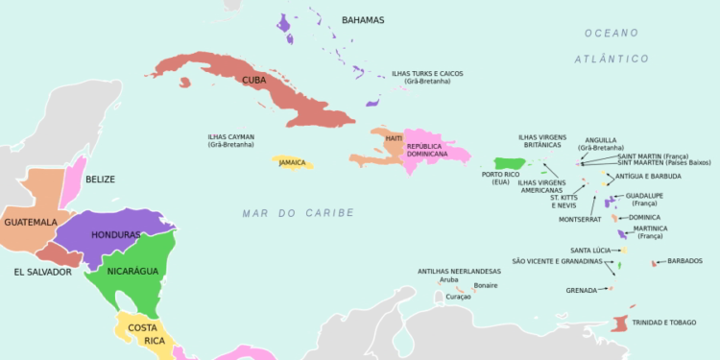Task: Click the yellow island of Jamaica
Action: pyautogui.click(x=292, y=163)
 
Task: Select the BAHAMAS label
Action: pyautogui.click(x=362, y=20)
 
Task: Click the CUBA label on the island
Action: pyautogui.click(x=254, y=80)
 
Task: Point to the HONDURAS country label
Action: pyautogui.click(x=116, y=235)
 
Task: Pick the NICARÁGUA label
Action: pyautogui.click(x=132, y=272)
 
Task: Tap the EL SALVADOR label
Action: pyautogui.click(x=42, y=273)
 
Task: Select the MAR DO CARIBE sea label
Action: pyautogui.click(x=298, y=213)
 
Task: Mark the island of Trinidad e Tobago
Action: pyautogui.click(x=620, y=324)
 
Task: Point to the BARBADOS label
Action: pyautogui.click(x=684, y=261)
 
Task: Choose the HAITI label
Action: pyautogui.click(x=394, y=138)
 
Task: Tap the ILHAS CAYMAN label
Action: pyautogui.click(x=231, y=141)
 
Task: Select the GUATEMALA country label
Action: pyautogui.click(x=31, y=222)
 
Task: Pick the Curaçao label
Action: pyautogui.click(x=458, y=298)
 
